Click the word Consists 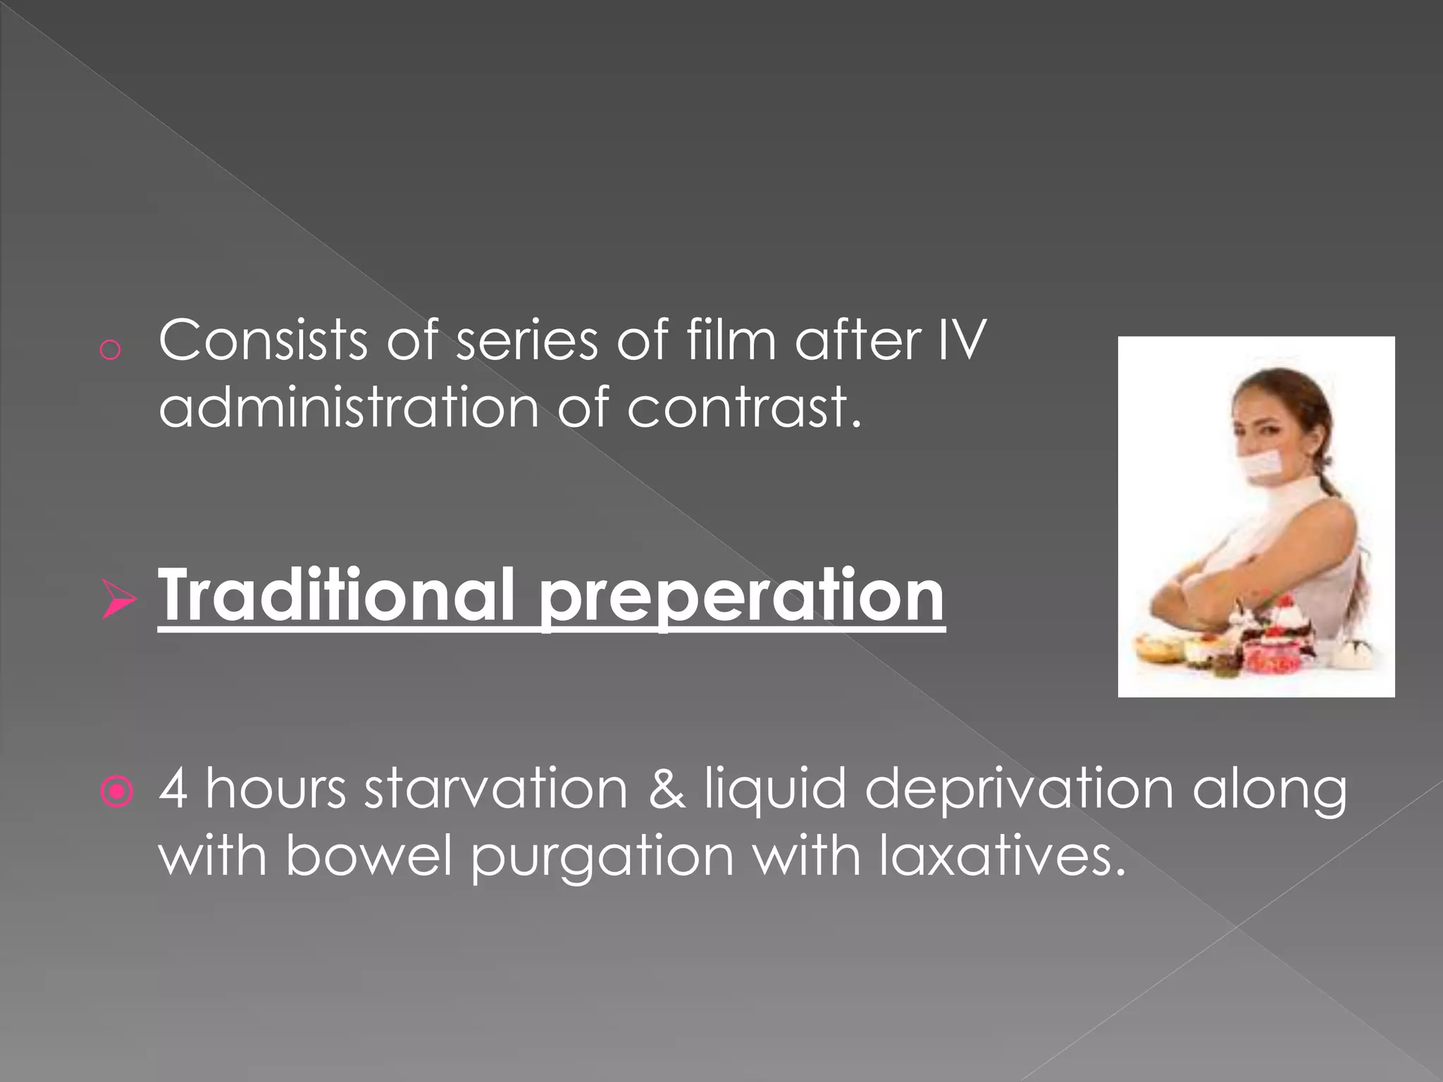point(263,341)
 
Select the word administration point(349,408)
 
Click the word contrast point(744,408)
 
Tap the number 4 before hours point(173,789)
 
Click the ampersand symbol point(665,789)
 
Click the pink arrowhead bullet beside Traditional point(118,599)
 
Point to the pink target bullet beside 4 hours point(117,792)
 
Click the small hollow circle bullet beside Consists point(110,350)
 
